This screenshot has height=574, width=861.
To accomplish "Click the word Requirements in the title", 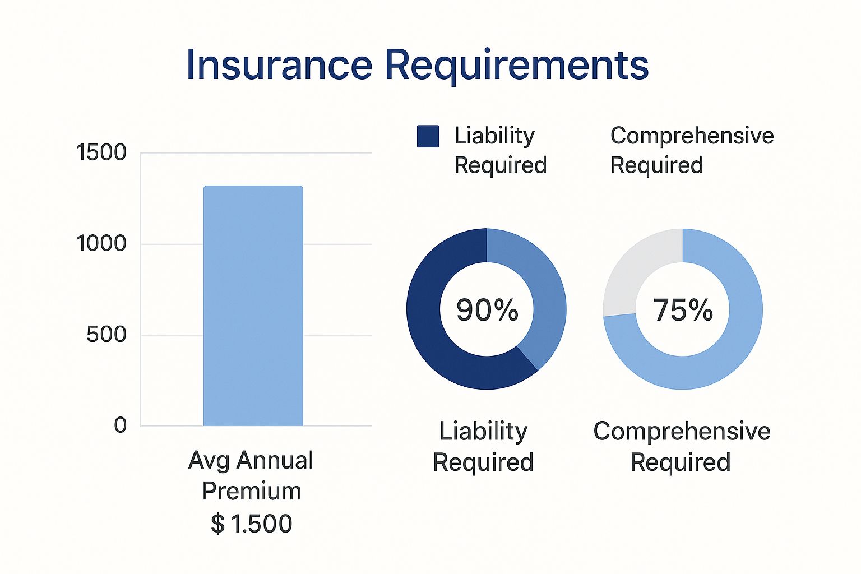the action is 517,66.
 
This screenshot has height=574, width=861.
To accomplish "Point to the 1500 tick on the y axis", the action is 101,152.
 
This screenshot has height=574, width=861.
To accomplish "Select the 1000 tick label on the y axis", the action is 101,243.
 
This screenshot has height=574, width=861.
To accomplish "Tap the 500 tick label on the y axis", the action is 106,335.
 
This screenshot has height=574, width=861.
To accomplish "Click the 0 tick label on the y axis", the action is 121,425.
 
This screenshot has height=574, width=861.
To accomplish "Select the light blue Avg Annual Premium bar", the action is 253,305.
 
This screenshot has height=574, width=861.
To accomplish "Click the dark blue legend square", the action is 428,136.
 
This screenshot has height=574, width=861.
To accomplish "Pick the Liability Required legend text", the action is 501,150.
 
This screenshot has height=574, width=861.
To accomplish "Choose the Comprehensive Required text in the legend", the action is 692,150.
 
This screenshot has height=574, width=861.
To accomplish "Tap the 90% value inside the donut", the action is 487,310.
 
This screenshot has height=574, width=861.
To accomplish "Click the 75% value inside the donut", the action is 683,310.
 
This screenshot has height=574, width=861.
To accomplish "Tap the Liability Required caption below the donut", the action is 484,446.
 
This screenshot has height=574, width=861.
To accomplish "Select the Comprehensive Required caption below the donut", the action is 682,446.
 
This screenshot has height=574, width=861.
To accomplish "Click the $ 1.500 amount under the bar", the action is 252,524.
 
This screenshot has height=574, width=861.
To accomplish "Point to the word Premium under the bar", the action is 252,492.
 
